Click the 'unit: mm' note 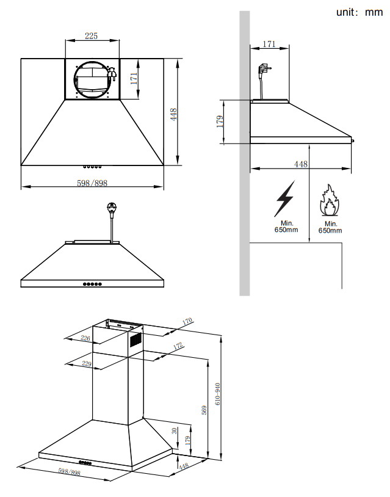359,12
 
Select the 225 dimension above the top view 91,36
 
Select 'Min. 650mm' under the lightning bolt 286,227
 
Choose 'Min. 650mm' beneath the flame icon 330,227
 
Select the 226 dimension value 86,339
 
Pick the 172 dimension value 178,346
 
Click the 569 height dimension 204,410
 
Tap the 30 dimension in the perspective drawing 174,430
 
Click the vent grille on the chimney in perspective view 135,339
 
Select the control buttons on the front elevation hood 93,284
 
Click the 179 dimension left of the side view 220,120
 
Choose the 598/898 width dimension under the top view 92,183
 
